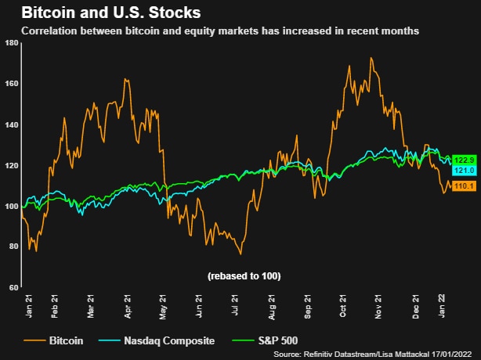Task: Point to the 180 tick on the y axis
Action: pos(11,43)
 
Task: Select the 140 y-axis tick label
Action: pos(11,125)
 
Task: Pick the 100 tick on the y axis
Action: pos(11,207)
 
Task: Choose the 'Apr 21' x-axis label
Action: pos(126,304)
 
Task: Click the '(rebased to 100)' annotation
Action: pos(244,275)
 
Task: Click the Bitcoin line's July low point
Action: pos(240,254)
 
